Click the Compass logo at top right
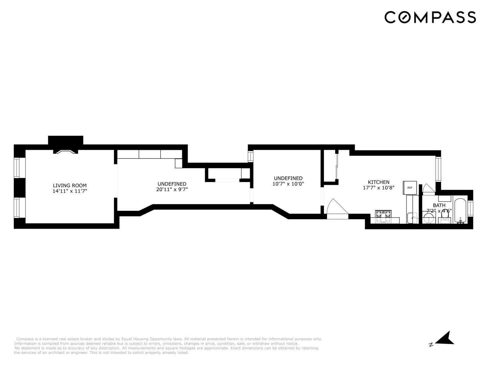[430, 17]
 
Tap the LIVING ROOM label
[70, 185]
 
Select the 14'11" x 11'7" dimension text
[70, 191]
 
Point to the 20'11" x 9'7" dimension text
[172, 190]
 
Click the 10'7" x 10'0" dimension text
[288, 184]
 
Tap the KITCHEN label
[378, 182]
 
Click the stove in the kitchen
[383, 216]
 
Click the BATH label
[439, 205]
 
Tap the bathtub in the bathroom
[460, 211]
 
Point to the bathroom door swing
[428, 189]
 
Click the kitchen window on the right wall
[438, 169]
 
